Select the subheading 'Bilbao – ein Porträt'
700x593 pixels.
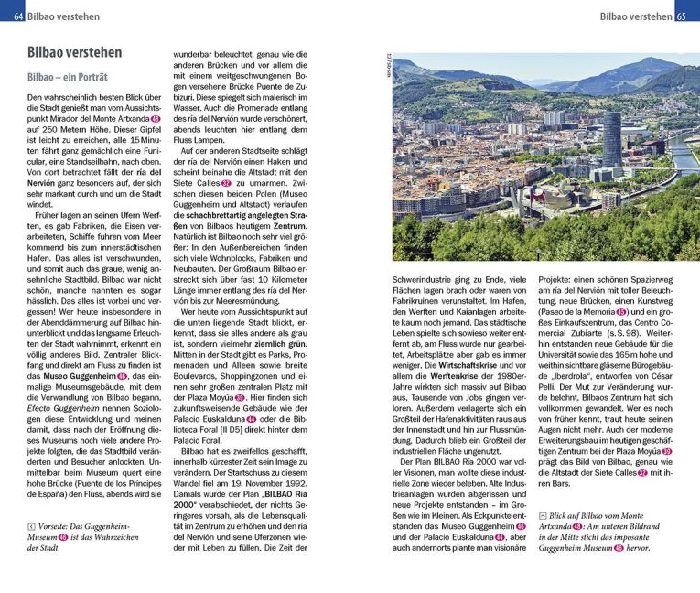point(68,78)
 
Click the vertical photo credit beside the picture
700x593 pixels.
point(387,64)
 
